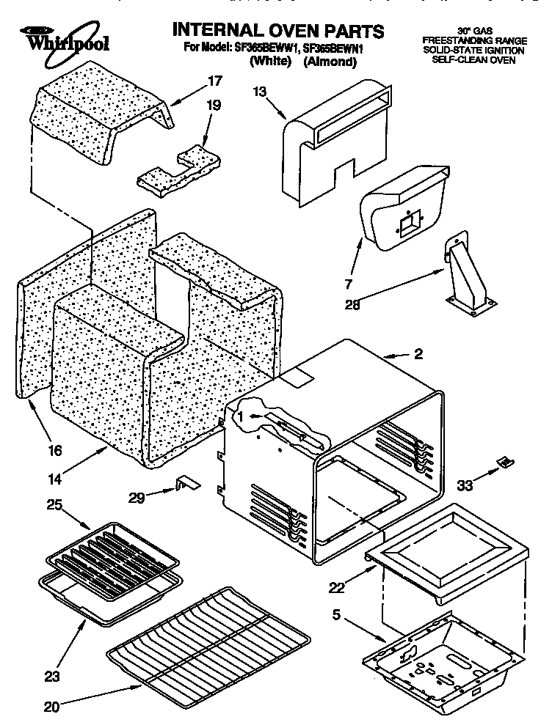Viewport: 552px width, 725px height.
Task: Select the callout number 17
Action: point(214,81)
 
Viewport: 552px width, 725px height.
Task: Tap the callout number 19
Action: point(212,105)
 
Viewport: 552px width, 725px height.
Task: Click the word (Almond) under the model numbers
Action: point(330,62)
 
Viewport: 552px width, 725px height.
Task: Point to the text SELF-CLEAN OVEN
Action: point(473,60)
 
